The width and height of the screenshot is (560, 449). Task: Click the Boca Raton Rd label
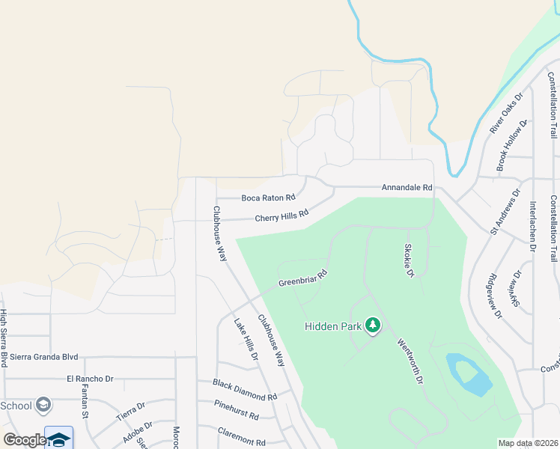click(x=268, y=198)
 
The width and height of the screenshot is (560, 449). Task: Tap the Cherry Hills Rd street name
click(x=281, y=216)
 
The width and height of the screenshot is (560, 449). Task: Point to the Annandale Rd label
click(x=407, y=187)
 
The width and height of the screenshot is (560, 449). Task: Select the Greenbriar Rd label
click(x=304, y=278)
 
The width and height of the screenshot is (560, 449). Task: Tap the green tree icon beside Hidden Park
click(x=373, y=326)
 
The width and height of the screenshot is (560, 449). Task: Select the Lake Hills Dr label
click(x=246, y=340)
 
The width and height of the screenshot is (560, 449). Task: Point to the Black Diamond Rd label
click(x=245, y=389)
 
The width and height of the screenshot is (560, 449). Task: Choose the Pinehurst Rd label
click(x=236, y=410)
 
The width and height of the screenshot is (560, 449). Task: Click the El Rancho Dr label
click(x=90, y=379)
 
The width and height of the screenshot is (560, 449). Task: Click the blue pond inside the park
click(x=468, y=374)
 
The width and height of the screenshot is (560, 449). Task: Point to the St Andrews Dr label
click(x=505, y=213)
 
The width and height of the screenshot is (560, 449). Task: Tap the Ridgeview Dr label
click(x=495, y=295)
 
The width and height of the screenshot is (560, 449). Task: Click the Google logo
click(x=24, y=440)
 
